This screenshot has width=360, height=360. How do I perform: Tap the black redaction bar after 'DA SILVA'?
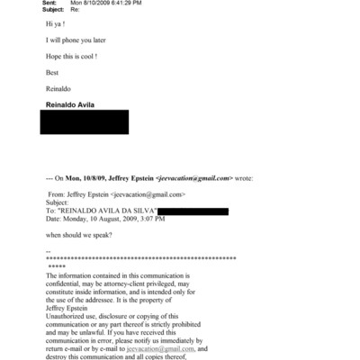193,211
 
